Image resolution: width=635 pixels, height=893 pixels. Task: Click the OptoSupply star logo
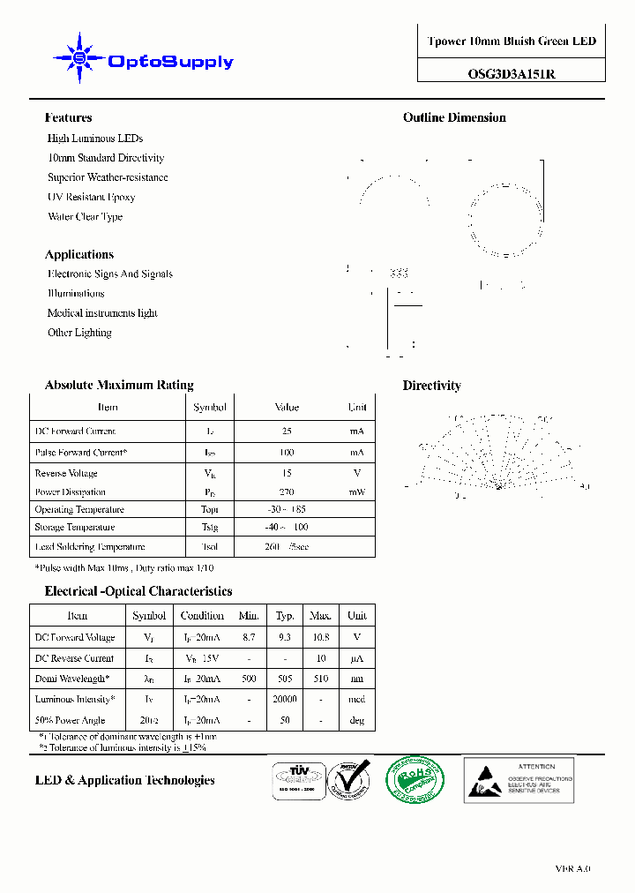[80, 59]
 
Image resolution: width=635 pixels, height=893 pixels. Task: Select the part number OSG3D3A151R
[512, 75]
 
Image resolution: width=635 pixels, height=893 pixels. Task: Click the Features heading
[68, 117]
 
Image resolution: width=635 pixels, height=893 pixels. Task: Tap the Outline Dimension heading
[454, 117]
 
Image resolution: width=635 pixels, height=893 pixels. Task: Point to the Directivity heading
[431, 386]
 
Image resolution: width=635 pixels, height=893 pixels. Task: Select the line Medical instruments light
[102, 313]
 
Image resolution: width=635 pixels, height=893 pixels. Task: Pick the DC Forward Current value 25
[287, 431]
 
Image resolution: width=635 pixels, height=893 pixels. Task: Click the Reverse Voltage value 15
[287, 474]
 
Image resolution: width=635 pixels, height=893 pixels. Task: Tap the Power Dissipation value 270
[287, 492]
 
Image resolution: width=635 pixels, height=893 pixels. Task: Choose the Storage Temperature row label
[74, 528]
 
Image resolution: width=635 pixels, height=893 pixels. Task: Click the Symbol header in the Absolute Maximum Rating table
[210, 408]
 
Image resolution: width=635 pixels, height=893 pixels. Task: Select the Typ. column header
[285, 616]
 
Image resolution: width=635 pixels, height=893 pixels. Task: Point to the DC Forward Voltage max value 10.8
[320, 637]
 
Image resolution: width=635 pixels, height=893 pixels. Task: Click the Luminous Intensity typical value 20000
[285, 699]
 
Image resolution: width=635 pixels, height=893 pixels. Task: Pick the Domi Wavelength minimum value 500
[249, 679]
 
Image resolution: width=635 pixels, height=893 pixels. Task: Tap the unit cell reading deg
[357, 720]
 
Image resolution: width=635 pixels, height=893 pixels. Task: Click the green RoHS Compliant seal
[415, 779]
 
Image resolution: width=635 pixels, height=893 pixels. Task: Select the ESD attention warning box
[519, 780]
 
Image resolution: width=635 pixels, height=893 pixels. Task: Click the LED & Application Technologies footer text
[124, 780]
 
